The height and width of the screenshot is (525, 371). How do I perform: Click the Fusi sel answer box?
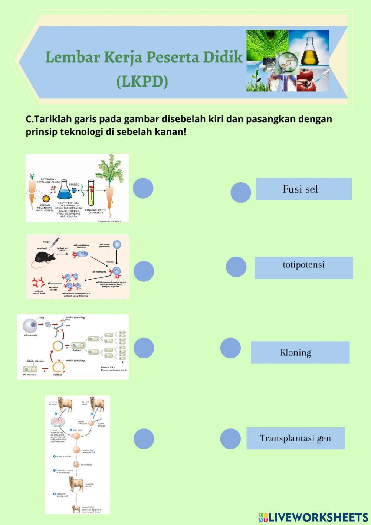coord(303,189)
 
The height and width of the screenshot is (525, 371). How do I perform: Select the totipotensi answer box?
coord(303,267)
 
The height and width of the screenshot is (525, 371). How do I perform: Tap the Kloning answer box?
coord(300,352)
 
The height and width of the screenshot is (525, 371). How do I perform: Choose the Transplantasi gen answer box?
coord(295,438)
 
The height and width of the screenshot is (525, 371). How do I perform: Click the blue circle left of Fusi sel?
coord(241,192)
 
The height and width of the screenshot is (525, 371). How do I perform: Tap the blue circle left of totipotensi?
coord(236,267)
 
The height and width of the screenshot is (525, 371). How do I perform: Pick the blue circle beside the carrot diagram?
coord(143,188)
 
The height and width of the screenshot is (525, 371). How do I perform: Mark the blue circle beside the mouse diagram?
coord(144,271)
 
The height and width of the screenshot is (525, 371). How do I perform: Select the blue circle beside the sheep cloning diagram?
coord(144,438)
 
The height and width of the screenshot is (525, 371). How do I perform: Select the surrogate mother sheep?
coord(76,484)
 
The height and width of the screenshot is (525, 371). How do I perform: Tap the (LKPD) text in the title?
coord(142,81)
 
